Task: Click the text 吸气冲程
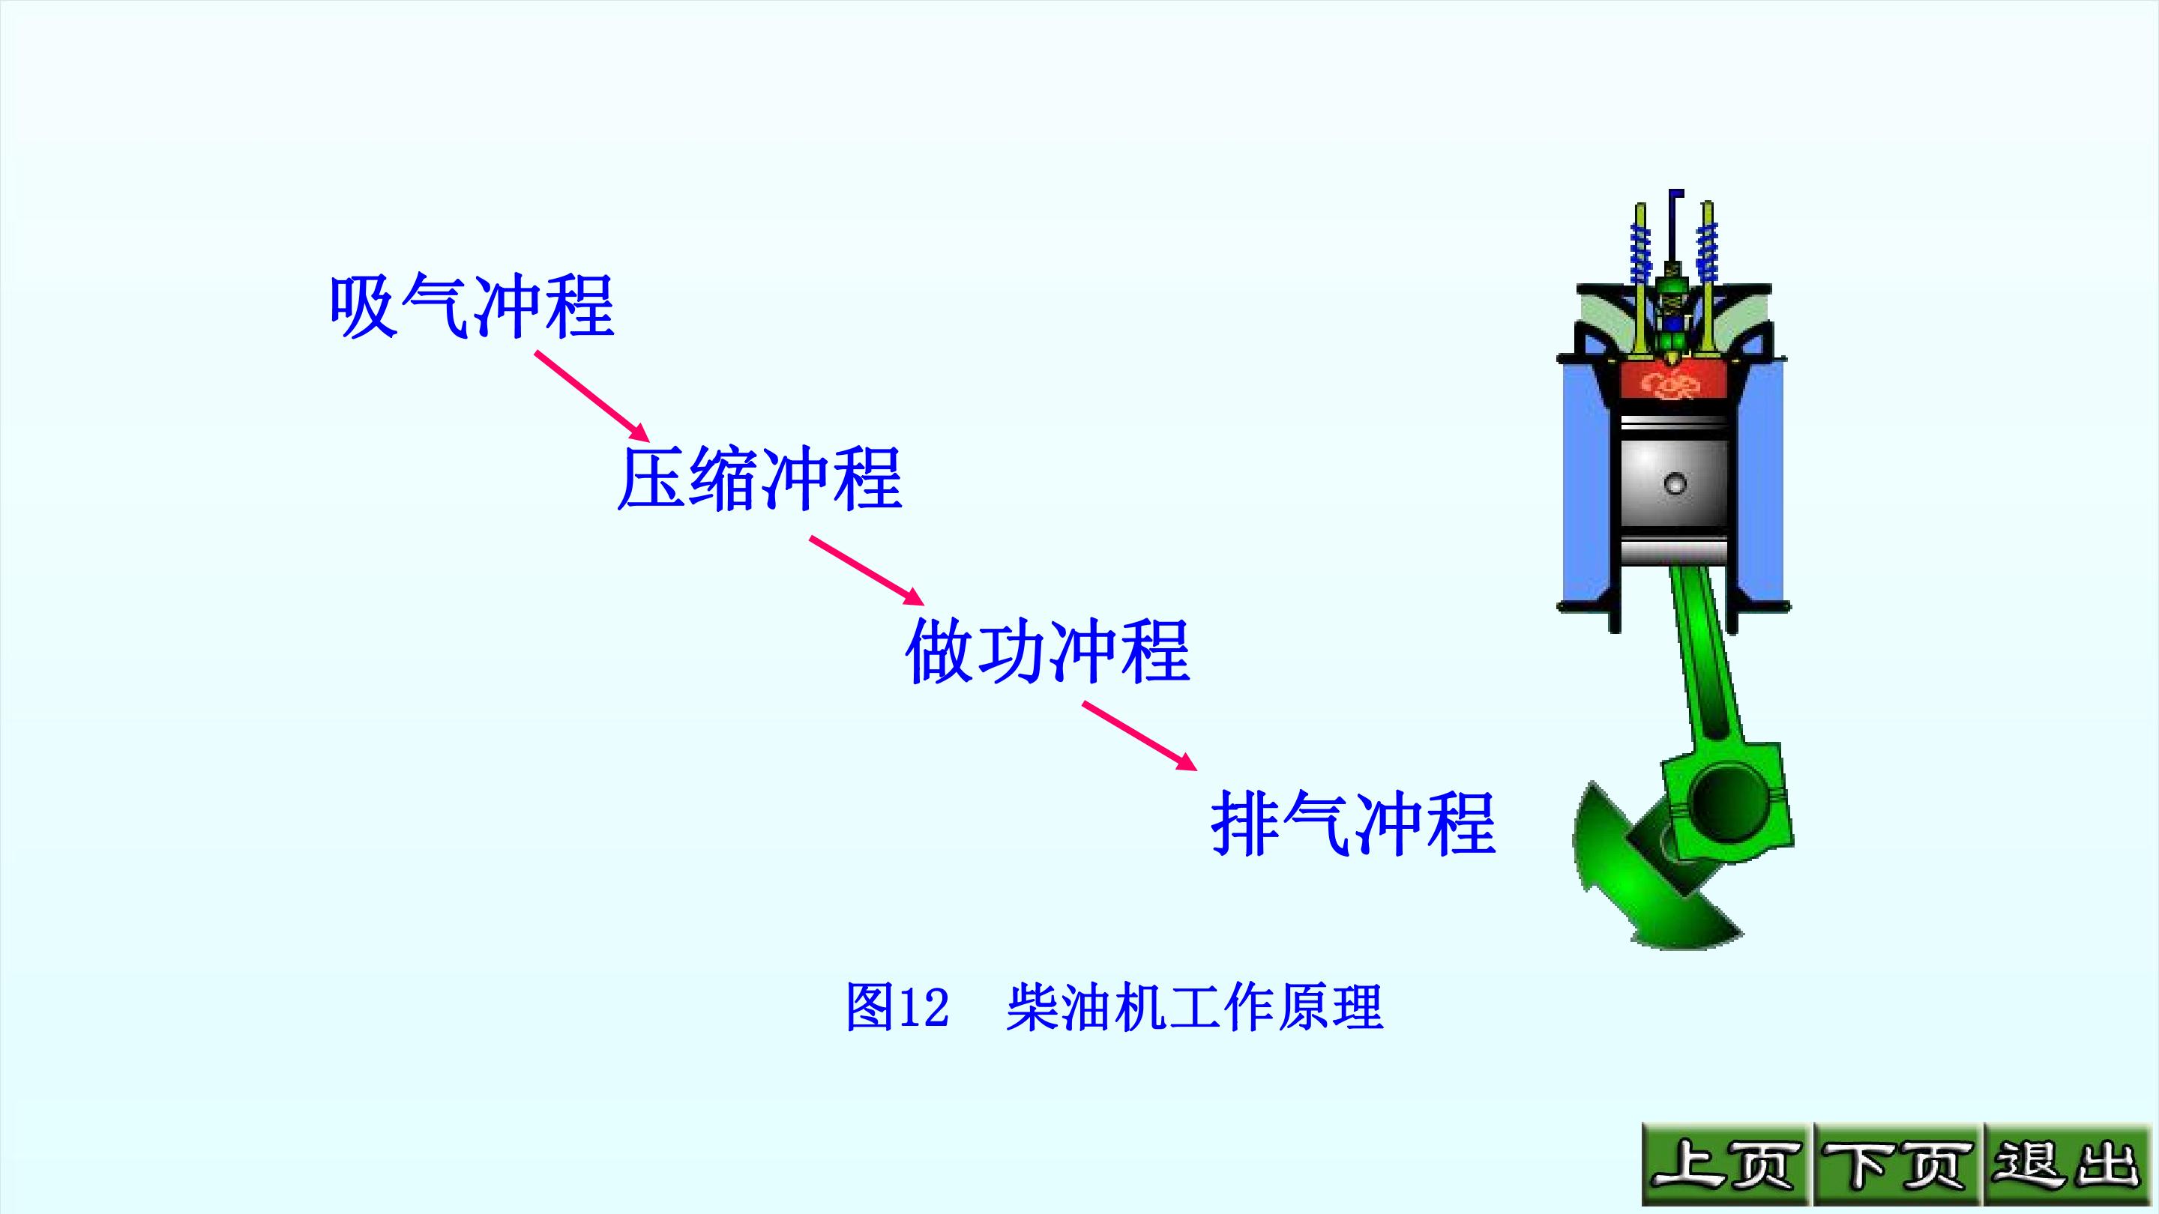(x=472, y=306)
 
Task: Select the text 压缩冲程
(x=759, y=478)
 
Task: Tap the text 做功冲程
(x=1048, y=651)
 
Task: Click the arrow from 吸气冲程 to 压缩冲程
(x=592, y=396)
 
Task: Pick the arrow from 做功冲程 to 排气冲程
(x=1139, y=736)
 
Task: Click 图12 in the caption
(x=897, y=1006)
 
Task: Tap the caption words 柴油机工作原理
(x=1194, y=1006)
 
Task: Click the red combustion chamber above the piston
(x=1674, y=384)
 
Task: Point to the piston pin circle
(x=1675, y=483)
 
